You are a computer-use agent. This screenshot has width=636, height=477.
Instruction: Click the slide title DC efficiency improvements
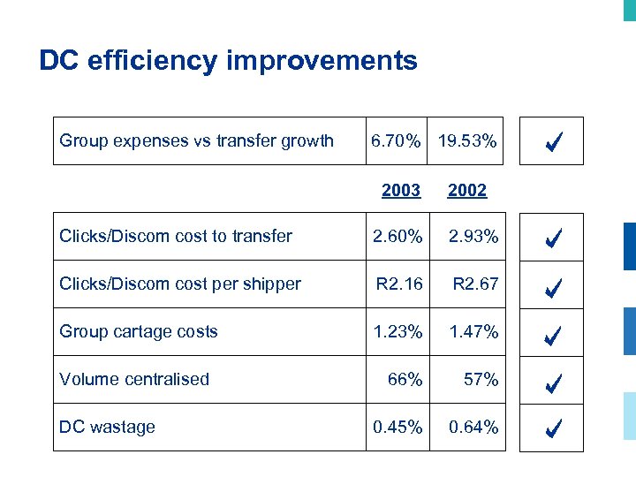point(228,61)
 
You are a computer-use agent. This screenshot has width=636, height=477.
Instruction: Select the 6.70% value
point(396,141)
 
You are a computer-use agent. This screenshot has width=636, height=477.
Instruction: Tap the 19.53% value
point(466,141)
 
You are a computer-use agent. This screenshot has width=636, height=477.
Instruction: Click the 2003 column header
point(401,190)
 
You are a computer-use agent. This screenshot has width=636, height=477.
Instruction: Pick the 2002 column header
point(467,190)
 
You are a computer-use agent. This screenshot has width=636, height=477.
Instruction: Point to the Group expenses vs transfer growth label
point(196,140)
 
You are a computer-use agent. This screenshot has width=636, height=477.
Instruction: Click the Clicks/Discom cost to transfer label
point(175,236)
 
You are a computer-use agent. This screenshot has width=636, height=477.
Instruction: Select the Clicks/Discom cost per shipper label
point(180,284)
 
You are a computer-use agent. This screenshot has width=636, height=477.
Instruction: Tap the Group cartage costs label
point(139,331)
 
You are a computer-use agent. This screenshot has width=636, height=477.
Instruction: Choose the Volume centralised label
point(134,379)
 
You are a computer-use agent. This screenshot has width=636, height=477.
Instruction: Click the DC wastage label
point(107,427)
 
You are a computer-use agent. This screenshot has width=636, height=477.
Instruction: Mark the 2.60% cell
point(397,236)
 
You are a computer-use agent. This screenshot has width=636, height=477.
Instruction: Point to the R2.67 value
point(475,284)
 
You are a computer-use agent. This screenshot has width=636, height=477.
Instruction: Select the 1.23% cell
point(397,331)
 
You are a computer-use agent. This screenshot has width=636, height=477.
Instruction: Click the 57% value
point(481,379)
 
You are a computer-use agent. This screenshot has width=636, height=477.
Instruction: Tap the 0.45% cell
point(397,427)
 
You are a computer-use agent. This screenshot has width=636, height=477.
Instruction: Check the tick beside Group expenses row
point(554,140)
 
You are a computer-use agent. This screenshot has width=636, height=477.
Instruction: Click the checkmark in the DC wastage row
point(554,429)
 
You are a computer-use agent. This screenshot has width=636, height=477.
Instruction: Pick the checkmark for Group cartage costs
point(554,334)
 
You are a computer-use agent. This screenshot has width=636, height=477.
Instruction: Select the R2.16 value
point(399,284)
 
